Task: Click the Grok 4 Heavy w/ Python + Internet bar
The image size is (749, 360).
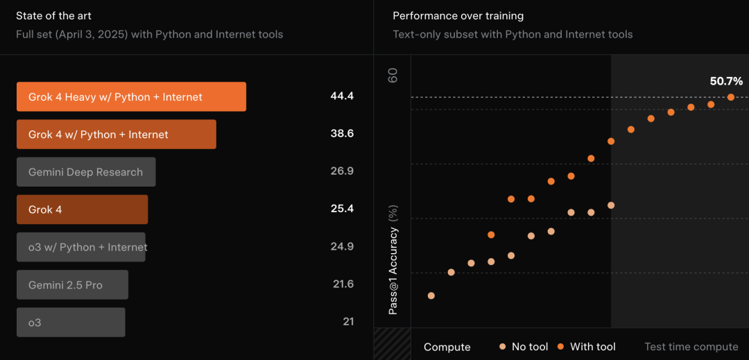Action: pyautogui.click(x=131, y=97)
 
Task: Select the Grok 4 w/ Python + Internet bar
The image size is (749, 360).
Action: pyautogui.click(x=117, y=134)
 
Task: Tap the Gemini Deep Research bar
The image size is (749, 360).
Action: pyautogui.click(x=86, y=172)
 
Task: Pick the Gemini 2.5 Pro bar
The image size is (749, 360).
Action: pyautogui.click(x=73, y=285)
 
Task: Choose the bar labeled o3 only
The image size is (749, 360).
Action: pyautogui.click(x=71, y=323)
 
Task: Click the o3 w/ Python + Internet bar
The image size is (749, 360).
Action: pyautogui.click(x=81, y=248)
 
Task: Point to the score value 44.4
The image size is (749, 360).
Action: pyautogui.click(x=342, y=96)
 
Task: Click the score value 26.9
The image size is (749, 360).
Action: pyautogui.click(x=342, y=171)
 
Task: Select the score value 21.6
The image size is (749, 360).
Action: pyautogui.click(x=343, y=284)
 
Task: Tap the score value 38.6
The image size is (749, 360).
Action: pyautogui.click(x=342, y=134)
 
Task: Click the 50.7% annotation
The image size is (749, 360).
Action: pyautogui.click(x=727, y=81)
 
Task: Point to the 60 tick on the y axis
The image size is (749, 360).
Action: pyautogui.click(x=393, y=75)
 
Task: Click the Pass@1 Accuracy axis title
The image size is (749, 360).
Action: pyautogui.click(x=393, y=264)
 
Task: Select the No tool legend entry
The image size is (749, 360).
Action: pyautogui.click(x=524, y=347)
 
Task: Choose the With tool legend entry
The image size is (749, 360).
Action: pyautogui.click(x=586, y=347)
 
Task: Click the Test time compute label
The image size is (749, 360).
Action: pyautogui.click(x=691, y=347)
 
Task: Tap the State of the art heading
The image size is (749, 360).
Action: pyautogui.click(x=53, y=16)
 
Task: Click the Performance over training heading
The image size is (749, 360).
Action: pyautogui.click(x=458, y=16)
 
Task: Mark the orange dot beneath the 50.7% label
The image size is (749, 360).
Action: pyautogui.click(x=731, y=97)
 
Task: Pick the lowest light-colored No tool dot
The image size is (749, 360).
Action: pyautogui.click(x=431, y=295)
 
